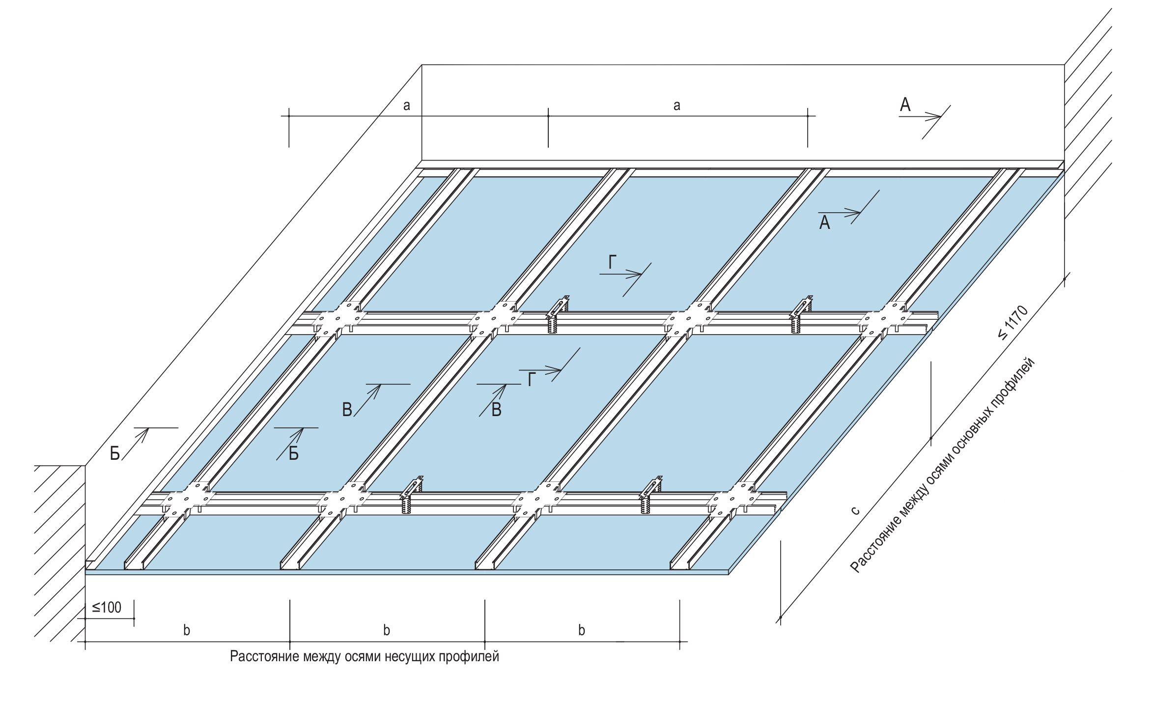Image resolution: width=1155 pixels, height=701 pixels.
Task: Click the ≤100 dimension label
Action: pyautogui.click(x=107, y=608)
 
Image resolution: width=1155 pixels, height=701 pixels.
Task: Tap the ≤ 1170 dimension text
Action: pyautogui.click(x=1013, y=323)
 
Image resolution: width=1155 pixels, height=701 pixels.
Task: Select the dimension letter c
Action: pyautogui.click(x=855, y=511)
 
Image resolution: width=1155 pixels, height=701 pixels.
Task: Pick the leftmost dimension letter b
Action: pyautogui.click(x=187, y=630)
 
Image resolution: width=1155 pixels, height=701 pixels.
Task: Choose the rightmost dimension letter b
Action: pyautogui.click(x=582, y=630)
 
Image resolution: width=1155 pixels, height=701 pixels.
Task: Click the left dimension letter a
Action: pyautogui.click(x=406, y=105)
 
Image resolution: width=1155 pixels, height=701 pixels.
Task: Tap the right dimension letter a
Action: pyautogui.click(x=677, y=105)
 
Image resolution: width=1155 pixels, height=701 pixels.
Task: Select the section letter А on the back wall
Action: pyautogui.click(x=905, y=105)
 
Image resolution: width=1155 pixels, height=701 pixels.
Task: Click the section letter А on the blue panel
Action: pyautogui.click(x=824, y=223)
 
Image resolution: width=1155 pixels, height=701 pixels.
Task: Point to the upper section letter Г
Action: pyautogui.click(x=612, y=263)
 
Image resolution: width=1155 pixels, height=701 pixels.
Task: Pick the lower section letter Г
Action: pyautogui.click(x=531, y=380)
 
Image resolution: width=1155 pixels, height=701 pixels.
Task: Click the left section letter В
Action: pyautogui.click(x=347, y=410)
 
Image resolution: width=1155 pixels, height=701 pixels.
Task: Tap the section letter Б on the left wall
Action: pyautogui.click(x=115, y=453)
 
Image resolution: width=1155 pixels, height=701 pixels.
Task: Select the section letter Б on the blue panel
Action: pyautogui.click(x=293, y=453)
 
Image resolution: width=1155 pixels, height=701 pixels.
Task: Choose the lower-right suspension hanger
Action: pyautogui.click(x=650, y=495)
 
